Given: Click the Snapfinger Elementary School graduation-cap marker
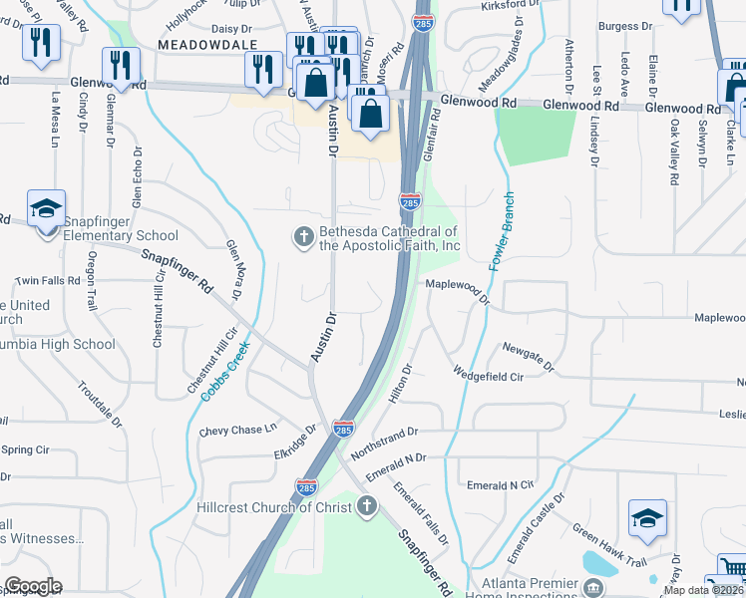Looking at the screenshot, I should tap(46, 210).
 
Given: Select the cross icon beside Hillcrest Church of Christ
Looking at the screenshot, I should tap(367, 507).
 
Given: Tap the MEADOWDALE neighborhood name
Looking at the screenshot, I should tap(206, 45).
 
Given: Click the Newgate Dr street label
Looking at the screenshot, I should tap(529, 357).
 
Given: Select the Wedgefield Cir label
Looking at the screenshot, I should tap(489, 376).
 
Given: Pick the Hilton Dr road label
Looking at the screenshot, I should tap(401, 383).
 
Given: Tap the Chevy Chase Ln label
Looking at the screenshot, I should tap(237, 430).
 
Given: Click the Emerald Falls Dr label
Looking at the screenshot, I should tap(420, 513).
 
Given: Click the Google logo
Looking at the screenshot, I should tap(33, 586).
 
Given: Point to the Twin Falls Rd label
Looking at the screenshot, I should tap(47, 281).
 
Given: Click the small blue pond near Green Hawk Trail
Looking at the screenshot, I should tap(599, 562).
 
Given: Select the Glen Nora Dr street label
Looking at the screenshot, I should tap(234, 268).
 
